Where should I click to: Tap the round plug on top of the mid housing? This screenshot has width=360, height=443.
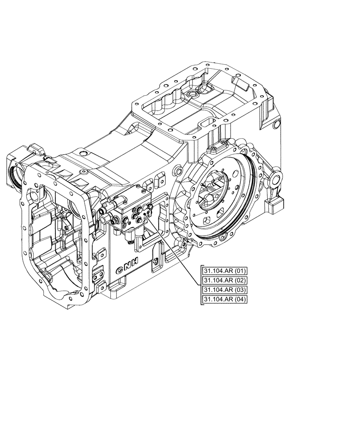[82, 153]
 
